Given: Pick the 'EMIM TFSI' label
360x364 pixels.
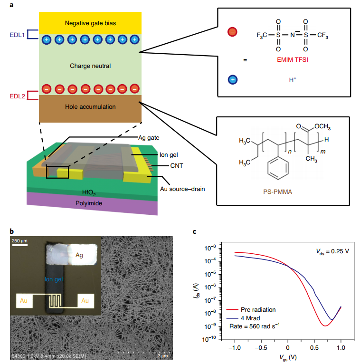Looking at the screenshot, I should [290, 60].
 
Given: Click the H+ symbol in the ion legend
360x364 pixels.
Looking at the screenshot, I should [293, 79].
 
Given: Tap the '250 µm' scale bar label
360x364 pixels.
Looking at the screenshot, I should [19, 241].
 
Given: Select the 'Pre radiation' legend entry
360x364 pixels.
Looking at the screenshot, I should [259, 310].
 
